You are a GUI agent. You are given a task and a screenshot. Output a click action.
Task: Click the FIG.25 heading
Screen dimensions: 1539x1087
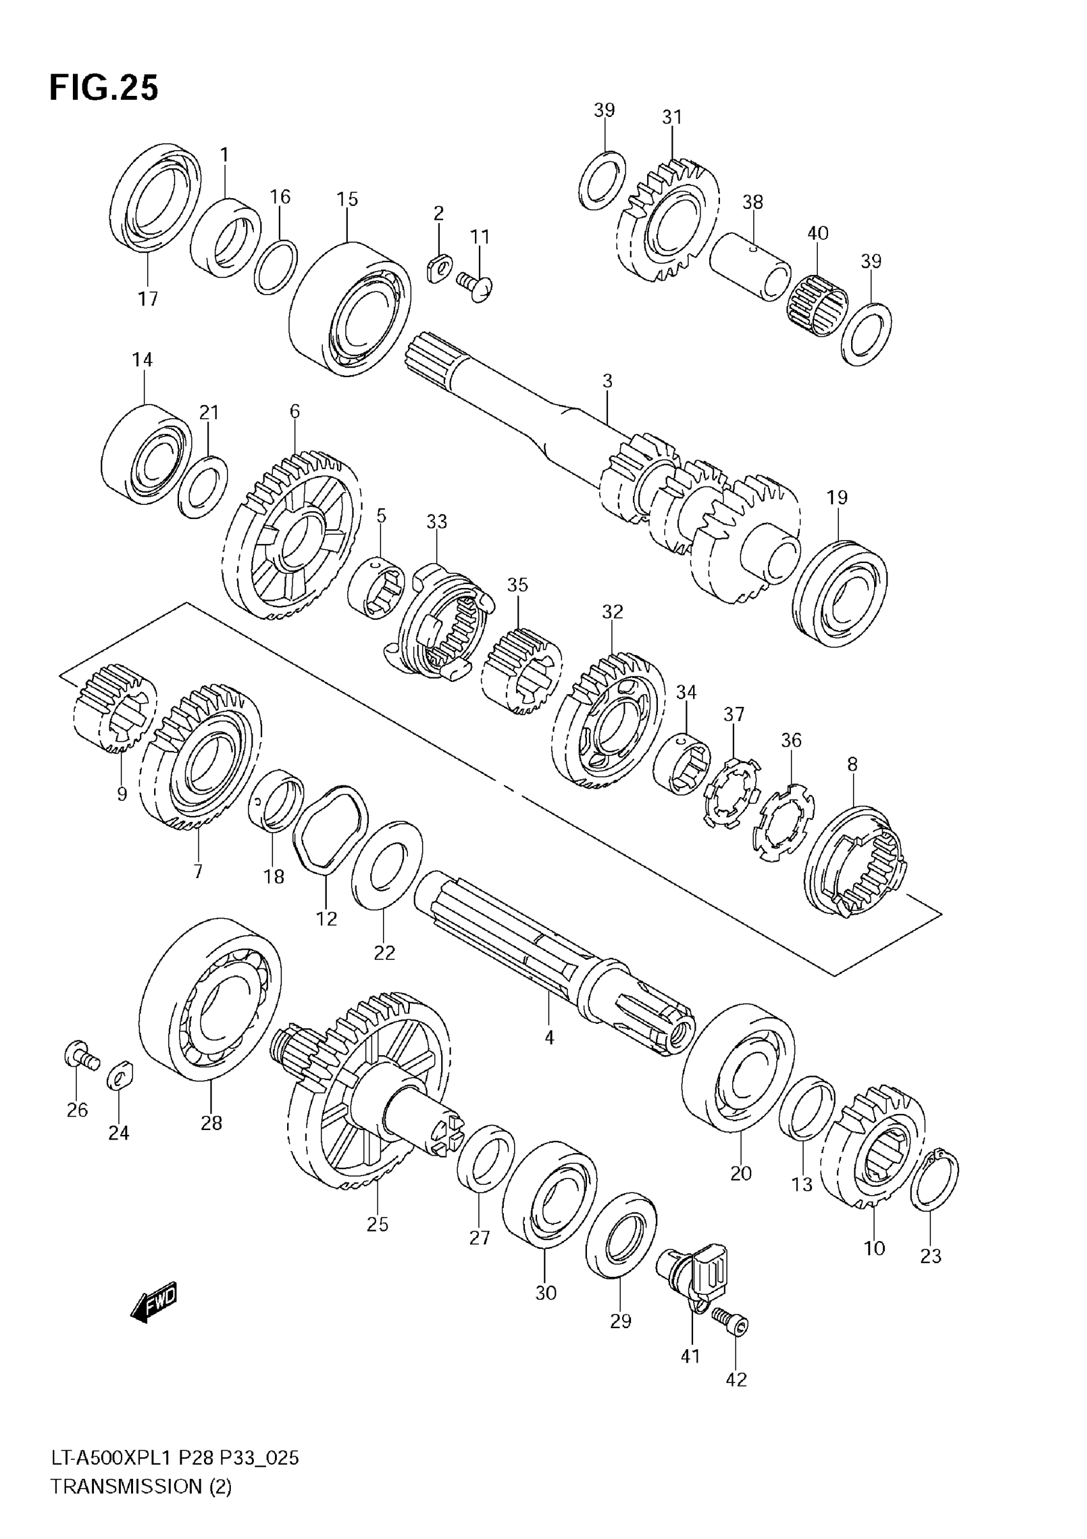(x=104, y=88)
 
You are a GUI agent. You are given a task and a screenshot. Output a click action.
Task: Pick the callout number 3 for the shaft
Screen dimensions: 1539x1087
(x=607, y=382)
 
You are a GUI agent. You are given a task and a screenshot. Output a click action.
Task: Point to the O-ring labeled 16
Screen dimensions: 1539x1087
(x=275, y=266)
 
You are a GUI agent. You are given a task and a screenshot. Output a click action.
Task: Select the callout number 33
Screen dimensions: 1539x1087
(x=437, y=522)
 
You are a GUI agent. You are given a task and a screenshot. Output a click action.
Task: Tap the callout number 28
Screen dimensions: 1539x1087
(x=211, y=1123)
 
